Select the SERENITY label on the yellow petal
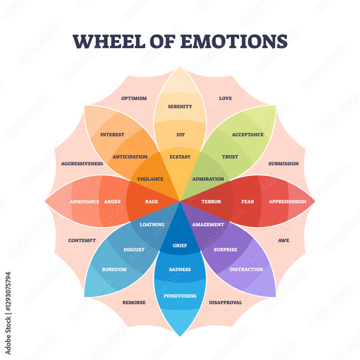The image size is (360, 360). pyautogui.click(x=180, y=107)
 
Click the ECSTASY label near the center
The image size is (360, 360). pyautogui.click(x=180, y=157)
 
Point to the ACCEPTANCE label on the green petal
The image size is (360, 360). pyautogui.click(x=248, y=135)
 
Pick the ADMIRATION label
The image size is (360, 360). pyautogui.click(x=208, y=179)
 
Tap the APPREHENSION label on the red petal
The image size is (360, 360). pyautogui.click(x=287, y=202)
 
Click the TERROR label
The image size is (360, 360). pyautogui.click(x=211, y=202)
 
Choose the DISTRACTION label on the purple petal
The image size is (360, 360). pyautogui.click(x=246, y=269)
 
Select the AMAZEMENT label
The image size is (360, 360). pyautogui.click(x=208, y=224)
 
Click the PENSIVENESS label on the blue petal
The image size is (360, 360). pyautogui.click(x=180, y=296)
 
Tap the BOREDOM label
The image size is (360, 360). pyautogui.click(x=114, y=269)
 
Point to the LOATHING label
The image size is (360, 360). pyautogui.click(x=152, y=224)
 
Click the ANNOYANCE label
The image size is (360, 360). pyautogui.click(x=85, y=202)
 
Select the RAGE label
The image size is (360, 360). pyautogui.click(x=152, y=202)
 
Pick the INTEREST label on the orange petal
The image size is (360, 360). pyautogui.click(x=112, y=135)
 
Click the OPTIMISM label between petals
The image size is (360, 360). pyautogui.click(x=134, y=98)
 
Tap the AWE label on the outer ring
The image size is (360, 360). pyautogui.click(x=284, y=240)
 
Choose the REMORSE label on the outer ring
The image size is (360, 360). pyautogui.click(x=134, y=302)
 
